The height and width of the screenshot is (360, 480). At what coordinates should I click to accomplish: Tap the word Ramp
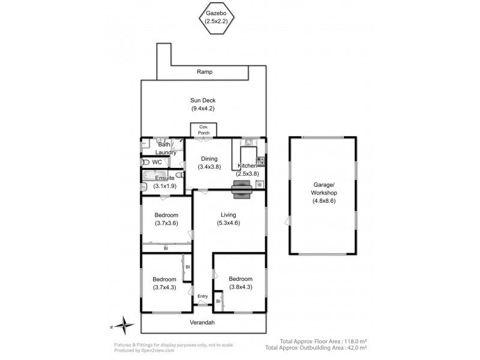point(204,72)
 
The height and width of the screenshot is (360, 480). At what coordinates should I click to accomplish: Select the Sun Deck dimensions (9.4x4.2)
point(203,109)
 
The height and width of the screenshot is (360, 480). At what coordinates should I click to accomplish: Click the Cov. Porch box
point(204,130)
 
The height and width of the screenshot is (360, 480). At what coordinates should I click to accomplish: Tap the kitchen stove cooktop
point(260,161)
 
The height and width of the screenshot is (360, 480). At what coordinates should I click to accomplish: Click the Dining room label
point(209,158)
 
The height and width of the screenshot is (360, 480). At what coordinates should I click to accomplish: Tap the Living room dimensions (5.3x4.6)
point(228,223)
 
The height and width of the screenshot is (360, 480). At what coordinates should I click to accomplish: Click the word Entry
point(202,296)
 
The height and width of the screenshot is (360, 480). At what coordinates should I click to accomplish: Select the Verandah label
point(203,323)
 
